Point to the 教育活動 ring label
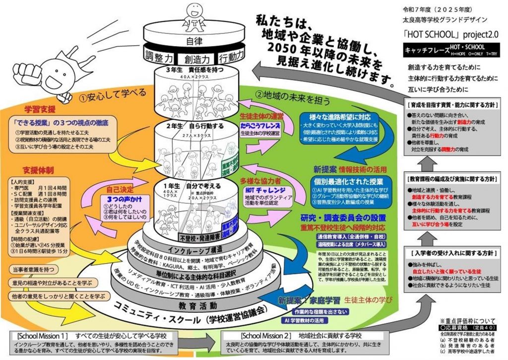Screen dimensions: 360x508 coord(197,304)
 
